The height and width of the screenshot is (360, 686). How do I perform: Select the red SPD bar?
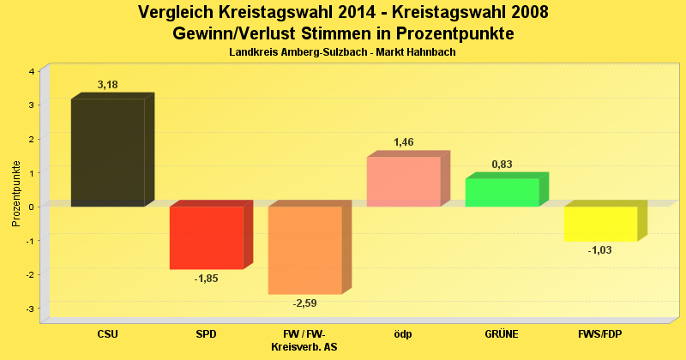206,237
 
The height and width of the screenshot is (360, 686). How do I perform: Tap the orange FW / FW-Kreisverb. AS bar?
304,249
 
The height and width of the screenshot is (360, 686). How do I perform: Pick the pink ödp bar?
403,181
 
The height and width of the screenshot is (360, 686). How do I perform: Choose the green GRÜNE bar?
502,192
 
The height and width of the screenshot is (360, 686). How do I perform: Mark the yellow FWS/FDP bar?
600,223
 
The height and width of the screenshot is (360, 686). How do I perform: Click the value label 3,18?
108,85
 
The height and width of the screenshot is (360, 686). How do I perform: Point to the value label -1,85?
206,279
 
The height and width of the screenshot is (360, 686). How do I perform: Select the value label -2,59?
305,303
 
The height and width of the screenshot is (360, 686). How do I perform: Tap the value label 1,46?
404,142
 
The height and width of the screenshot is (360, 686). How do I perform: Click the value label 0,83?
502,164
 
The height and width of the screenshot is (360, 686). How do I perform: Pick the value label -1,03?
600,250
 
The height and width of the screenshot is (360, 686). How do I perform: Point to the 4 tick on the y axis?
31,71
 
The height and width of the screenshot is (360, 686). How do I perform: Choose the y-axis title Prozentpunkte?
16,193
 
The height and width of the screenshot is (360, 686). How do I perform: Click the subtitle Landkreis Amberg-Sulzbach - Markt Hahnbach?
342,52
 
